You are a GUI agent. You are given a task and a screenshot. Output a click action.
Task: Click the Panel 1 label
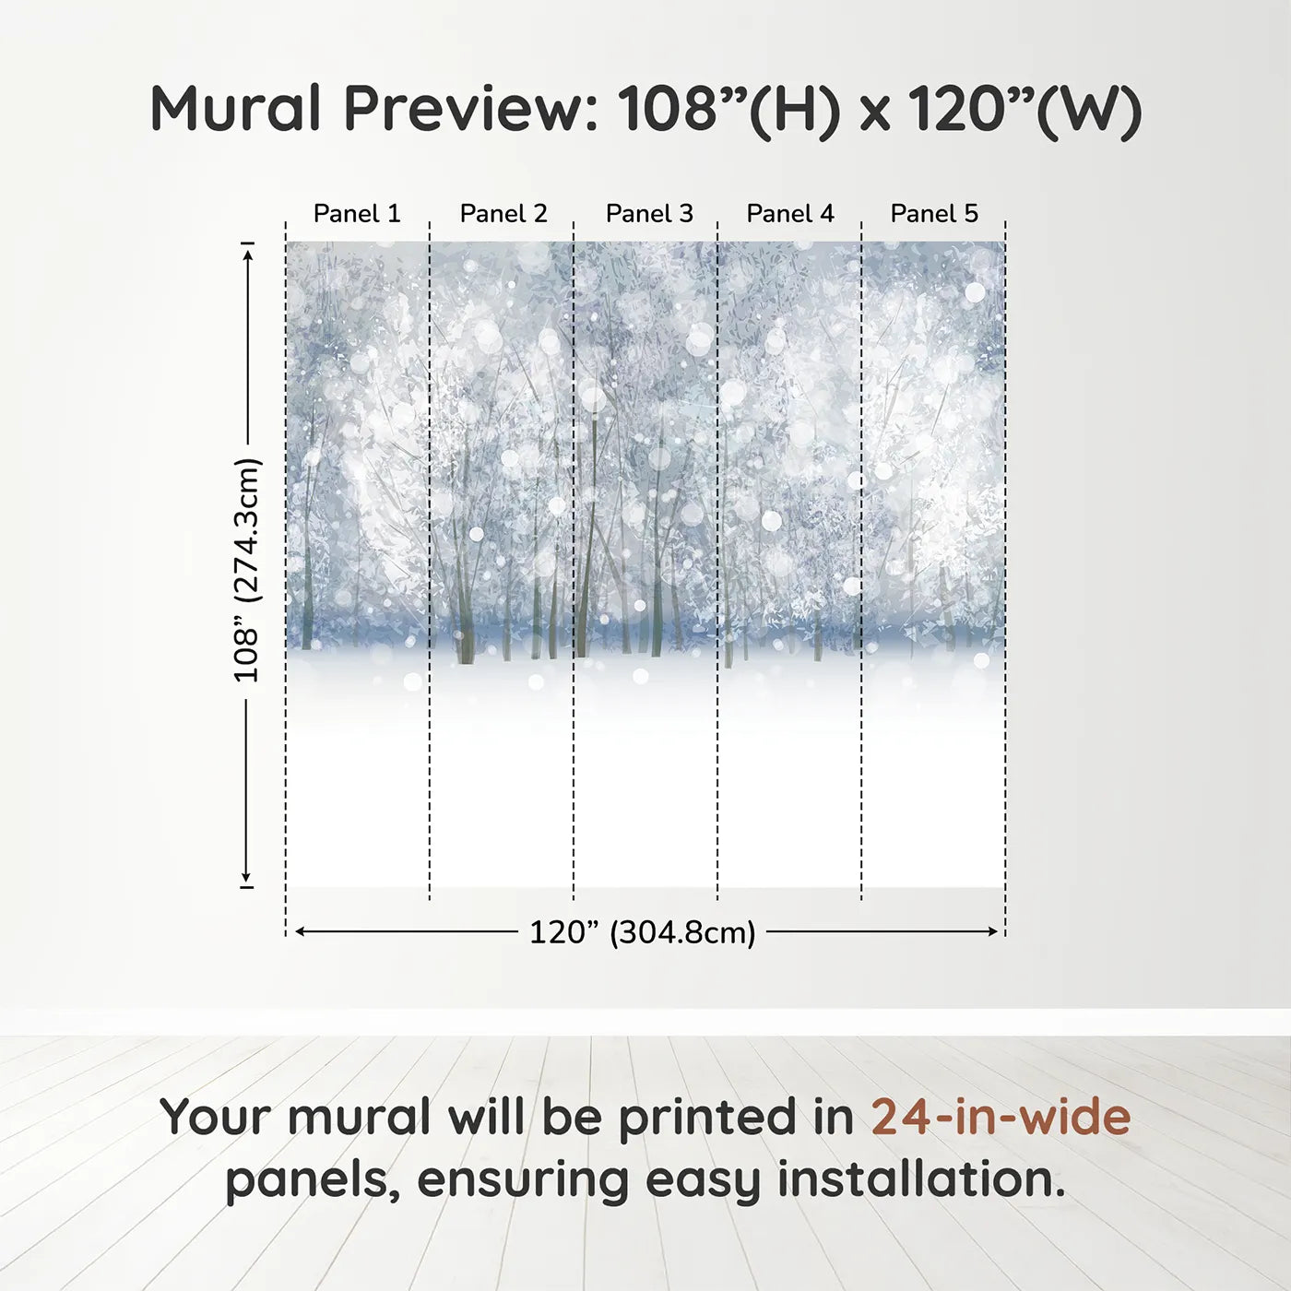click(357, 214)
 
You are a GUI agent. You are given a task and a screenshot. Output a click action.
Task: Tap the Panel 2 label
click(503, 214)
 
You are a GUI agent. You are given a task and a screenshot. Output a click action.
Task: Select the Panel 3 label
click(649, 214)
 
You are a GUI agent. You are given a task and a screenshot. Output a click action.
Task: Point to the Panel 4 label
click(790, 214)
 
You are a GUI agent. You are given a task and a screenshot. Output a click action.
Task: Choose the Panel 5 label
click(934, 214)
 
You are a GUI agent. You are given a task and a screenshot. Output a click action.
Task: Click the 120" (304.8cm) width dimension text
click(642, 932)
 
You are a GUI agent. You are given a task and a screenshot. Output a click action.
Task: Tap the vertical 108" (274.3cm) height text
click(247, 570)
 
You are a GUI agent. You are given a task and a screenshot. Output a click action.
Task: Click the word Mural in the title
click(236, 109)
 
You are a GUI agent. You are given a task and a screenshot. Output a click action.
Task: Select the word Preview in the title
click(470, 109)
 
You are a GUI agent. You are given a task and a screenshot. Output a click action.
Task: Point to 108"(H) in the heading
click(729, 109)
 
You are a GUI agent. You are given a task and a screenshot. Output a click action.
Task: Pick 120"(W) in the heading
click(1025, 109)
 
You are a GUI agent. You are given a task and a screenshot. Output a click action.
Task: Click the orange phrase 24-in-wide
click(1001, 1117)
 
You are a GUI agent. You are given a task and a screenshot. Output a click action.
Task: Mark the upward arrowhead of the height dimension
click(247, 252)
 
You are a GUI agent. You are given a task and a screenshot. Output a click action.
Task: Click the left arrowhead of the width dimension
click(300, 932)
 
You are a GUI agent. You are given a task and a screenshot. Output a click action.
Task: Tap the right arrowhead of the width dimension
click(993, 932)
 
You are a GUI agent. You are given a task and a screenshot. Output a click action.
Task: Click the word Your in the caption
click(217, 1117)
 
